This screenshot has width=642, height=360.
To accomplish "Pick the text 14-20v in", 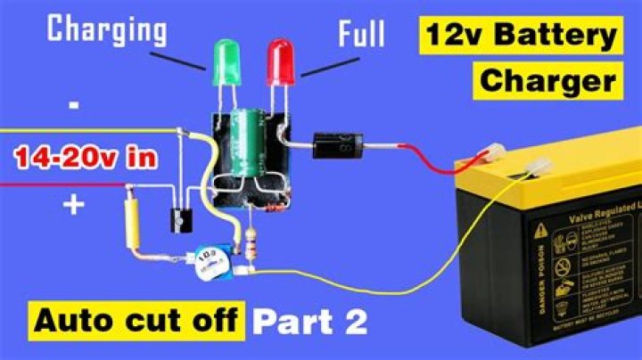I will click(86, 160).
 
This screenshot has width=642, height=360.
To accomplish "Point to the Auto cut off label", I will click(138, 322).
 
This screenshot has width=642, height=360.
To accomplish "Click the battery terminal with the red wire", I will click(489, 155).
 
